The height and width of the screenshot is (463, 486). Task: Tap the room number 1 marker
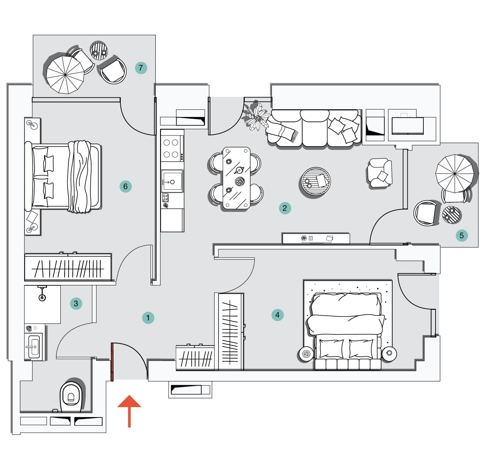[x=148, y=318]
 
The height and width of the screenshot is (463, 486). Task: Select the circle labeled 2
[x=285, y=208]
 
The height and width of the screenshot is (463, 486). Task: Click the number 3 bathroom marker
[x=76, y=303]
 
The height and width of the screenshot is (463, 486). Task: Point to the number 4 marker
[x=278, y=315]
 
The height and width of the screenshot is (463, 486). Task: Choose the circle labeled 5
[x=462, y=235]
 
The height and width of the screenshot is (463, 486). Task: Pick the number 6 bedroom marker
[x=125, y=186]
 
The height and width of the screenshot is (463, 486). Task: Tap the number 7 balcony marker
[x=141, y=68]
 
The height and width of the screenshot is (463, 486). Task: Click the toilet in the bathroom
[x=71, y=396]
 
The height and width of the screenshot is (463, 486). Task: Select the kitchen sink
[x=172, y=182]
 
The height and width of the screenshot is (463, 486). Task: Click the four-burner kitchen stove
[x=171, y=148]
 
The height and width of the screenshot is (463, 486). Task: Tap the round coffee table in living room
[x=316, y=182]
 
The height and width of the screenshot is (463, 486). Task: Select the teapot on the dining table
[x=239, y=170]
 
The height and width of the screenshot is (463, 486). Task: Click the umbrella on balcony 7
[x=65, y=75]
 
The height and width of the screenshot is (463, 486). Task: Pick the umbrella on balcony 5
[x=455, y=174]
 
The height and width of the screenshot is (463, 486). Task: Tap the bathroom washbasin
[x=34, y=346]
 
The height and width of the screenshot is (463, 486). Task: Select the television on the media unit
[x=407, y=126]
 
